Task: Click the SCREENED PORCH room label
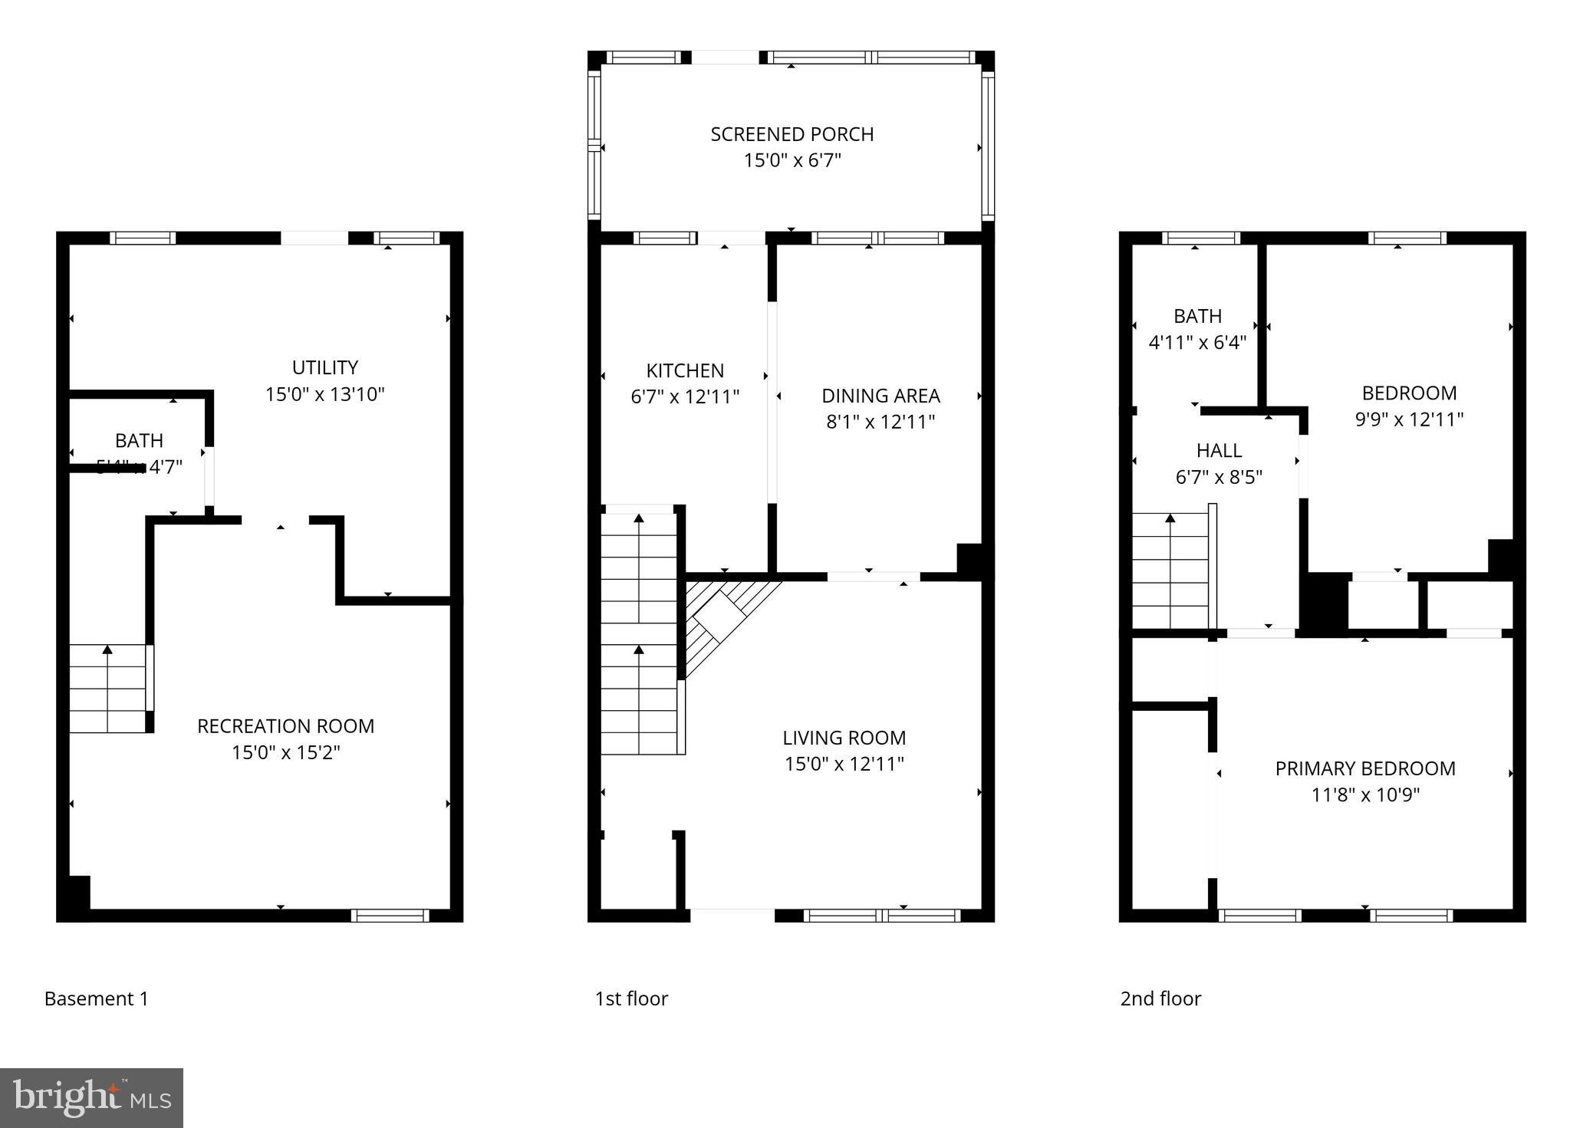tap(792, 134)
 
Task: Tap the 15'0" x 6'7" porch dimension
tap(792, 161)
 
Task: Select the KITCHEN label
tap(685, 371)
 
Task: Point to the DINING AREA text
tap(880, 396)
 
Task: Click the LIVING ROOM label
tap(844, 738)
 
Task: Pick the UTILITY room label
tap(324, 367)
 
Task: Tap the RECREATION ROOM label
tap(285, 726)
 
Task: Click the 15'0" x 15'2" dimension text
tap(285, 753)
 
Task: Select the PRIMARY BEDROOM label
tap(1364, 768)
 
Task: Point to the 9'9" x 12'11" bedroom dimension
tap(1409, 419)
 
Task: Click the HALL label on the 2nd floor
tap(1218, 450)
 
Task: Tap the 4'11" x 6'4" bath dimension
tap(1196, 343)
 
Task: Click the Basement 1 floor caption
tap(96, 998)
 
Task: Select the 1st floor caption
tap(630, 998)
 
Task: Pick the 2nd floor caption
tap(1160, 998)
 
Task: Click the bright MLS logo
tap(91, 1097)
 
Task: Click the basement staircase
tap(108, 689)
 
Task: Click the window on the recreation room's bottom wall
tap(390, 915)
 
